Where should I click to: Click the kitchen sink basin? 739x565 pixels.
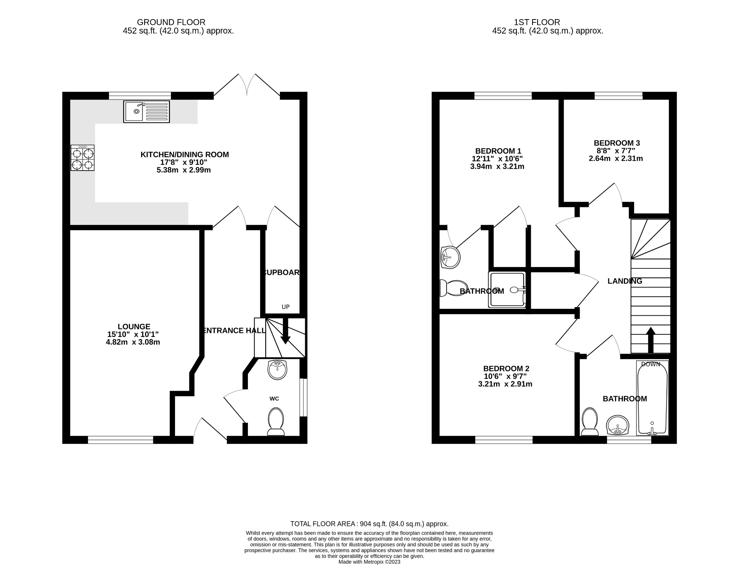135,111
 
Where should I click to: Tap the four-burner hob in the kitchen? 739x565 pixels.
83,158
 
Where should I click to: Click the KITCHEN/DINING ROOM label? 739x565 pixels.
184,154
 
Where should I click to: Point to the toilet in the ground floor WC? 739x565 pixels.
276,421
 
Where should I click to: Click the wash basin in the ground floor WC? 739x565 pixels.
277,370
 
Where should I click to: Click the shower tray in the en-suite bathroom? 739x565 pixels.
507,290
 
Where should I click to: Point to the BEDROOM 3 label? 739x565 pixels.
617,143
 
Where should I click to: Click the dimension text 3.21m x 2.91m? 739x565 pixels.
505,384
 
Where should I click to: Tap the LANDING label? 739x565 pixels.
625,281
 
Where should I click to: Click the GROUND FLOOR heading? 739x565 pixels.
171,22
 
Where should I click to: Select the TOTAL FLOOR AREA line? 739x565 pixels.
369,524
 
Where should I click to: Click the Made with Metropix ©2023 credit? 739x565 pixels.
369,562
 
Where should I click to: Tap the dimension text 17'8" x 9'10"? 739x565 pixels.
184,162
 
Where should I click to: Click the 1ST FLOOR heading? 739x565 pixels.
537,22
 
